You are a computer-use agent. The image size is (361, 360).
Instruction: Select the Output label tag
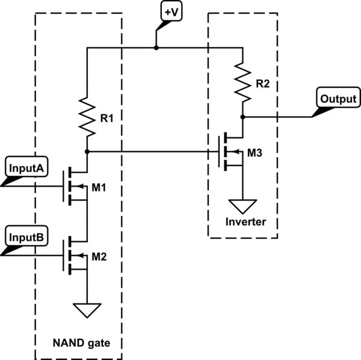pos(338,98)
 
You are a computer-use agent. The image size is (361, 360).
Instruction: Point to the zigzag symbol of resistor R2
pos(242,82)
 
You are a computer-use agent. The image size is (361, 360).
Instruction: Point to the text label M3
pos(255,154)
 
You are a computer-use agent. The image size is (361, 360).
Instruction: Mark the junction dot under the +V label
pos(156,47)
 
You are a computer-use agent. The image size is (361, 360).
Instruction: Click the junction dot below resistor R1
pos(88,151)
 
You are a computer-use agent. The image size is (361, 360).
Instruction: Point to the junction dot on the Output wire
pos(243,116)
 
